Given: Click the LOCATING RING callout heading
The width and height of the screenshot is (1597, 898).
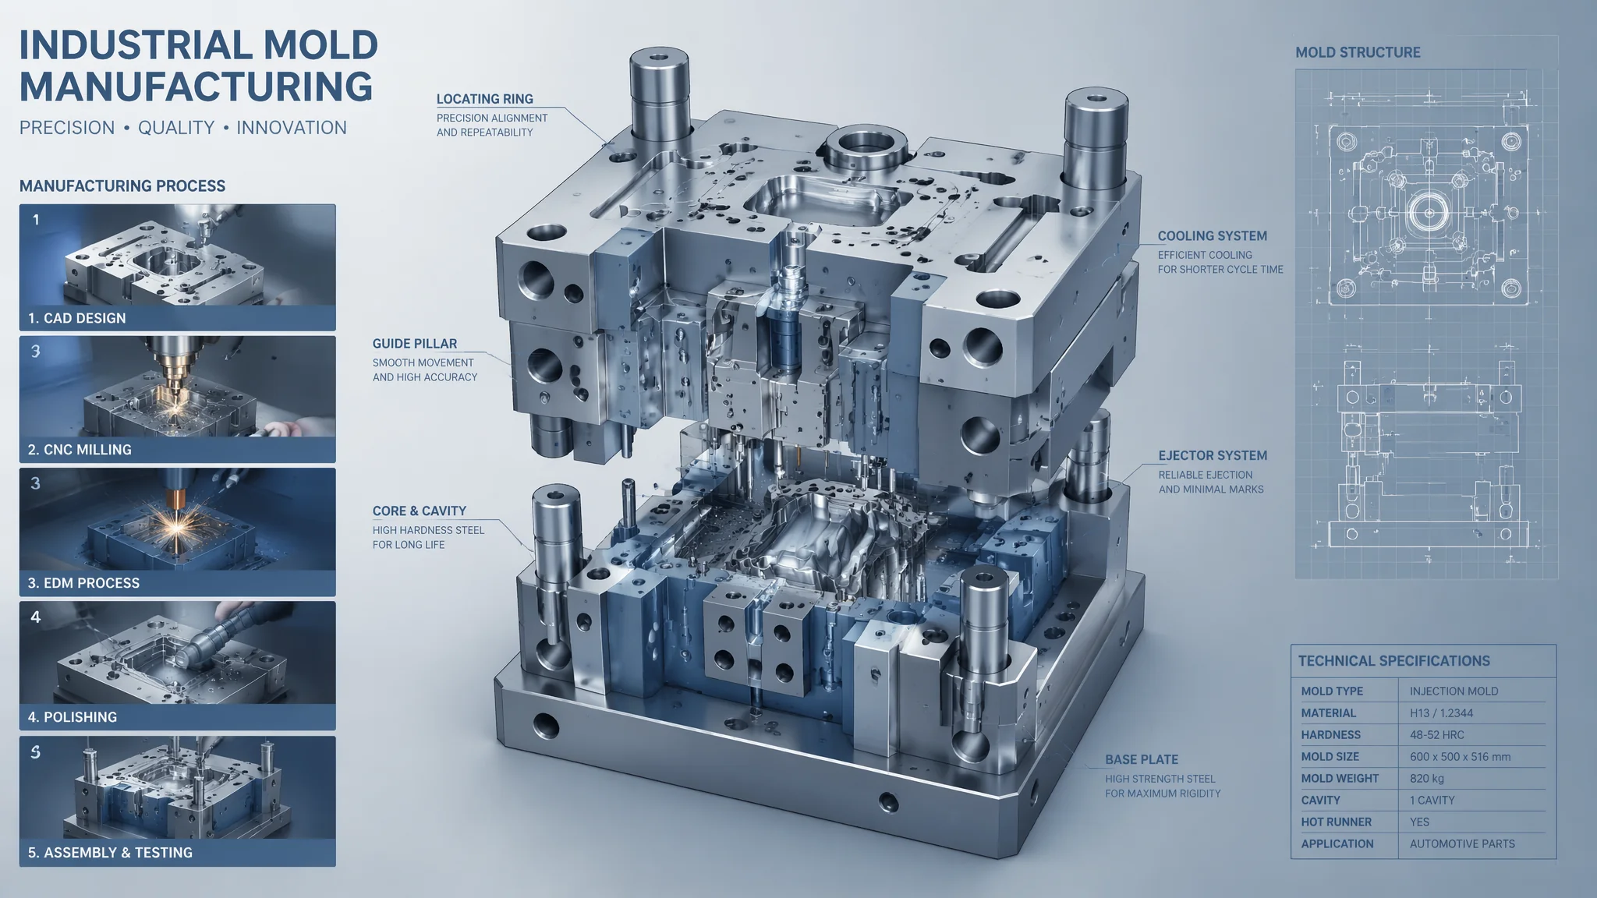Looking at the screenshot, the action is [x=485, y=99].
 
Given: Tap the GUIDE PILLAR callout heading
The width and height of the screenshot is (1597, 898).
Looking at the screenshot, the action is [x=415, y=344].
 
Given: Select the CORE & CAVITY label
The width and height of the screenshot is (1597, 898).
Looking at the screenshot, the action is [x=420, y=511].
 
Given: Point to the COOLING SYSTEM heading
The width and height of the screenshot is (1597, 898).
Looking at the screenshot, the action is [x=1213, y=236].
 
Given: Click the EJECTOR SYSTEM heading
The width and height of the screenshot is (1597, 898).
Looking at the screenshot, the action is [x=1213, y=456].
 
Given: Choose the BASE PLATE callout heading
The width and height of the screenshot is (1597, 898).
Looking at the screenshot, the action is [x=1142, y=760].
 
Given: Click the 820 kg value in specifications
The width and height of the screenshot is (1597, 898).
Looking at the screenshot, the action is [x=1427, y=779].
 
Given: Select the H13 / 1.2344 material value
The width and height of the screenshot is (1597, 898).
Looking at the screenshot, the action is [x=1441, y=713].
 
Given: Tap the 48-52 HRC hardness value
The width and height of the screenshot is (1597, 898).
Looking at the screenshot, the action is [x=1437, y=735].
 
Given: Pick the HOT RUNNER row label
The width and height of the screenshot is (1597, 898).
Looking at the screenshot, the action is [x=1336, y=822].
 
